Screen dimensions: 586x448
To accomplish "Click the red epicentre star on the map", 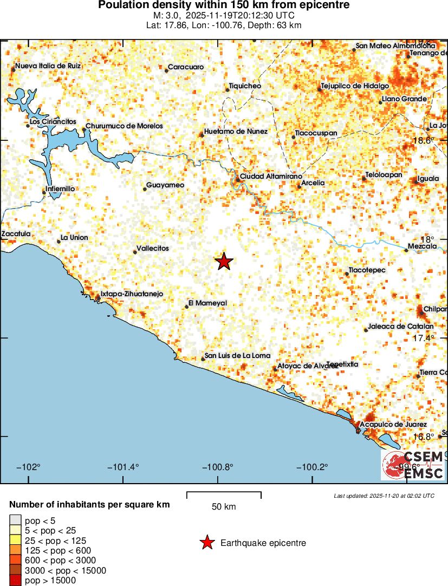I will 224,262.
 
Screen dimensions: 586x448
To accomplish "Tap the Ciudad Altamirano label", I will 270,177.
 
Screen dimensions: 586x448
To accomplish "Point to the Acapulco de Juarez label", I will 393,425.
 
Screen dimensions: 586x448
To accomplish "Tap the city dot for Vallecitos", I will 135,252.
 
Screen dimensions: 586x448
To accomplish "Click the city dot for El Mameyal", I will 187,307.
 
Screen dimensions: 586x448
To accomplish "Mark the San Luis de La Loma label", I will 237,356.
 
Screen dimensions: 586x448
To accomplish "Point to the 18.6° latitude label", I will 423,140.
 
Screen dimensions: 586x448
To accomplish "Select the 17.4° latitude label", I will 423,338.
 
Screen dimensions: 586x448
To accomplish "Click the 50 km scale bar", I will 224,494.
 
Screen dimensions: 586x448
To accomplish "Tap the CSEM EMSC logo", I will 413,465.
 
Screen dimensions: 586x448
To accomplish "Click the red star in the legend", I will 206,543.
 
